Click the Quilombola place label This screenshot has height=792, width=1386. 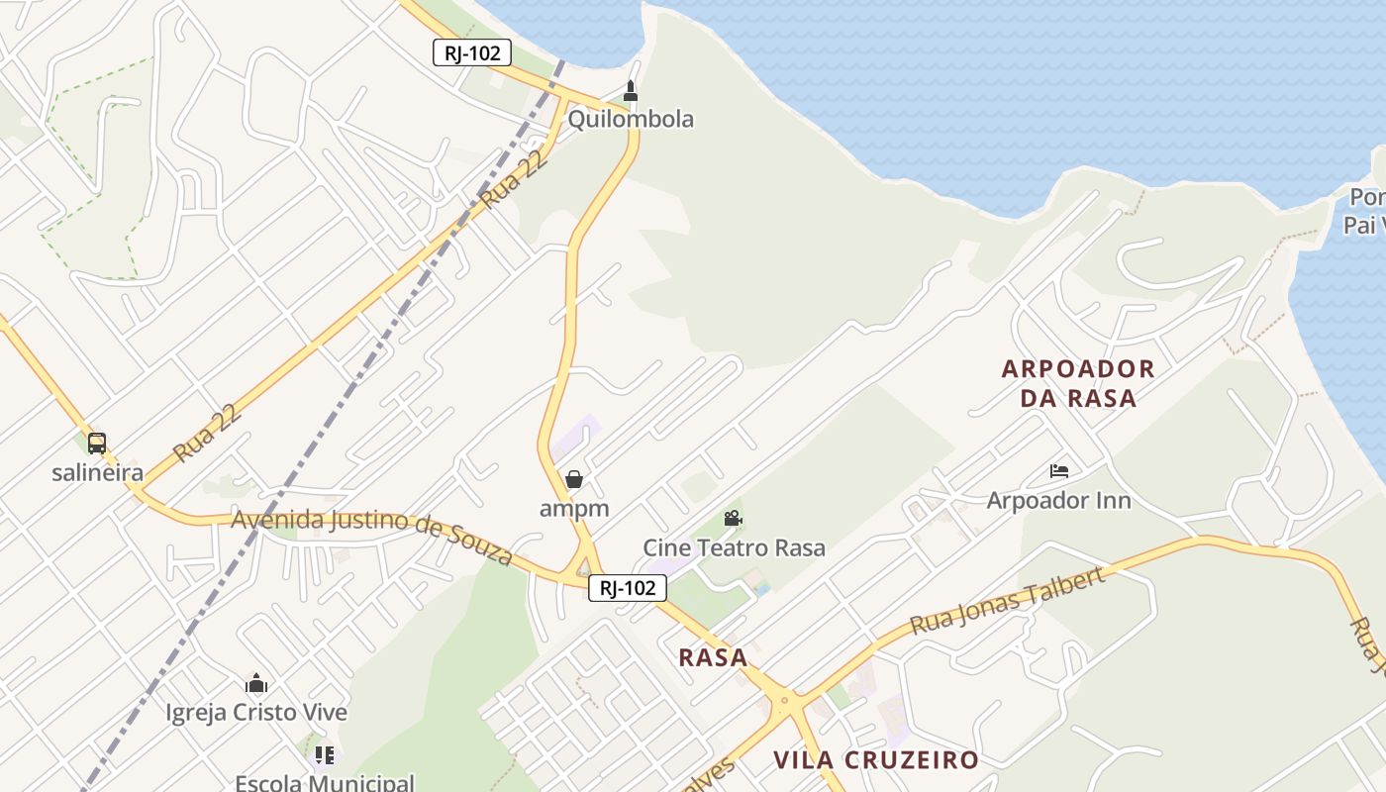631,120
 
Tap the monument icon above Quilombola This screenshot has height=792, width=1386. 630,92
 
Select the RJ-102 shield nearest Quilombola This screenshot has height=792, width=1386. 472,52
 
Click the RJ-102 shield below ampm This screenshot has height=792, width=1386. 628,588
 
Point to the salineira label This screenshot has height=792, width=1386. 97,472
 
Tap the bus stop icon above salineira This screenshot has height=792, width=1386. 96,444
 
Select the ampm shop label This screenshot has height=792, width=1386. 574,508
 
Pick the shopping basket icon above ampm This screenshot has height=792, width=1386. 573,480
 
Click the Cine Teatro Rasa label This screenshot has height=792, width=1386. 734,547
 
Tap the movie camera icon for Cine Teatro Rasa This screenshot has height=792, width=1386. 733,518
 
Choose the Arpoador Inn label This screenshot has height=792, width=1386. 1058,500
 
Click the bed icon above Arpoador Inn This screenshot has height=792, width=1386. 1058,471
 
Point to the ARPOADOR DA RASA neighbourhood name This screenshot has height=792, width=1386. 1078,383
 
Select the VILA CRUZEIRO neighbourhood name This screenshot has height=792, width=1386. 876,760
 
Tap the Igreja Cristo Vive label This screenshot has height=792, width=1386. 256,712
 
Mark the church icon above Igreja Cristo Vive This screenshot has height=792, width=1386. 256,683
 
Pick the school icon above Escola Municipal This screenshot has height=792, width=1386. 324,755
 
